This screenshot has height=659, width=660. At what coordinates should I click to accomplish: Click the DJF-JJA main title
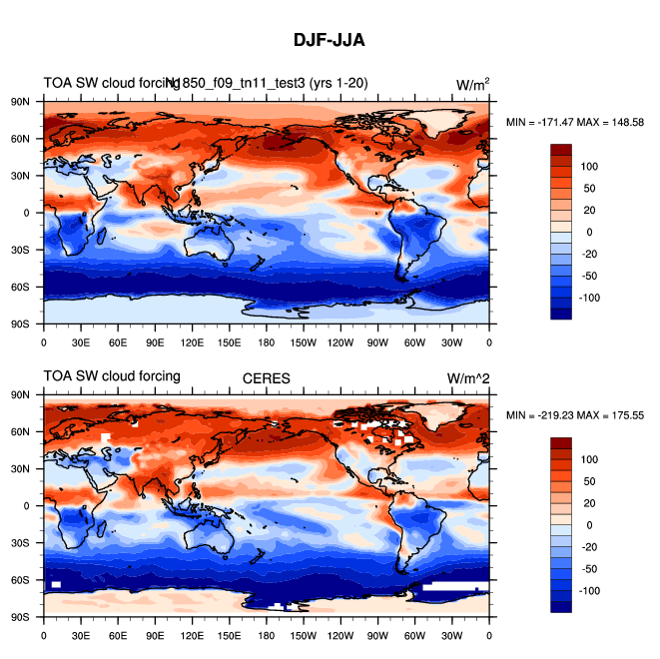click(330, 41)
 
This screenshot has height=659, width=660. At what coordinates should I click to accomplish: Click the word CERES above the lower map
click(267, 378)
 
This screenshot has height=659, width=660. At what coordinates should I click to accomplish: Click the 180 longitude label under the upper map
click(267, 341)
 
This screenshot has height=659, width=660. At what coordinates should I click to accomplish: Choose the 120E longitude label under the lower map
click(192, 635)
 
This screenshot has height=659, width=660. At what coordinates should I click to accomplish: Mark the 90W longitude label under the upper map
click(378, 341)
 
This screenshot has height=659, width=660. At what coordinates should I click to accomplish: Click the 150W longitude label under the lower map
click(304, 635)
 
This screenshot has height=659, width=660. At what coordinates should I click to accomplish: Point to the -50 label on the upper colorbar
click(591, 276)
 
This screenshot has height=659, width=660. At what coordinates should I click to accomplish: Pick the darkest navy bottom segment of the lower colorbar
click(561, 606)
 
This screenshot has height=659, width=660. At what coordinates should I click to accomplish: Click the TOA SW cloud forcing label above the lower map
click(112, 376)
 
